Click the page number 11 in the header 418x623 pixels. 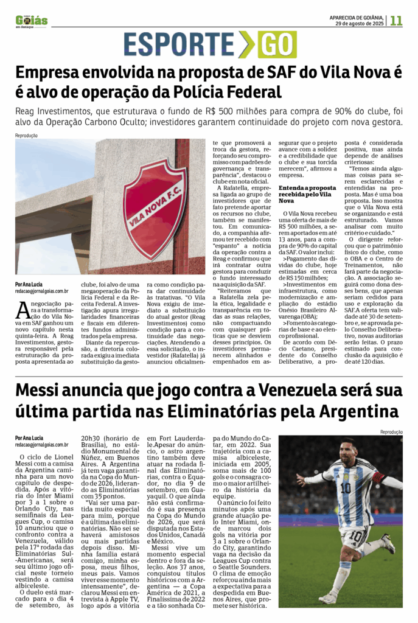397,21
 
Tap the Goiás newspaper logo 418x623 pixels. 32,21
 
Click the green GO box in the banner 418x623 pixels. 277,44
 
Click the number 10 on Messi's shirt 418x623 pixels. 345,487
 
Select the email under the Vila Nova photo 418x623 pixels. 42,291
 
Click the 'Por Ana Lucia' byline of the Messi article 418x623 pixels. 29,437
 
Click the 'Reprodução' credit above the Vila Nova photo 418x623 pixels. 26,135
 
